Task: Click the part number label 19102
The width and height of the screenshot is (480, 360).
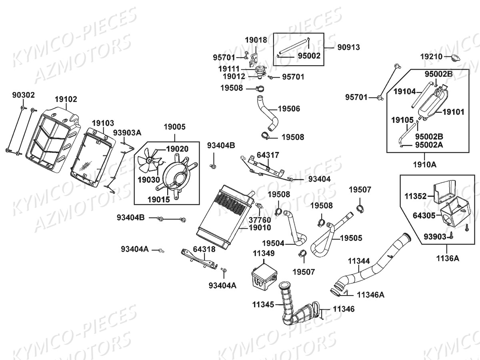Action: (x=66, y=99)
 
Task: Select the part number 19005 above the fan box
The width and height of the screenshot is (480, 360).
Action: (x=174, y=127)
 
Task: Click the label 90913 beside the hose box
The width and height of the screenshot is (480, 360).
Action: (x=348, y=47)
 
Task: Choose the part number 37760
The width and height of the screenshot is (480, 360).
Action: (x=260, y=220)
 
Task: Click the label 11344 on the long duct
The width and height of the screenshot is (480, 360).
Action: (x=358, y=261)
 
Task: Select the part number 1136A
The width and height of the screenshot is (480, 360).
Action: (x=448, y=258)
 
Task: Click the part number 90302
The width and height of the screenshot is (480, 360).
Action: (x=23, y=95)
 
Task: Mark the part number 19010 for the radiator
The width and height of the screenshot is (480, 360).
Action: (x=260, y=228)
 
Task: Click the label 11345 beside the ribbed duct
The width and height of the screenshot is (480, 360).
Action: (x=263, y=304)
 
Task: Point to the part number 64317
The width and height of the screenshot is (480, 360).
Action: (x=268, y=155)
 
